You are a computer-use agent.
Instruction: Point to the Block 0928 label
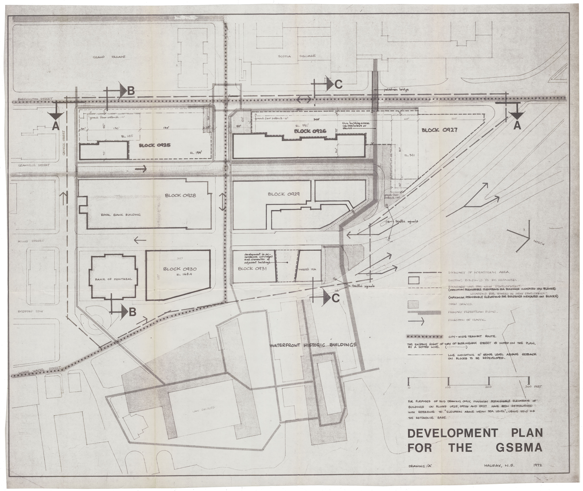click(180, 195)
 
